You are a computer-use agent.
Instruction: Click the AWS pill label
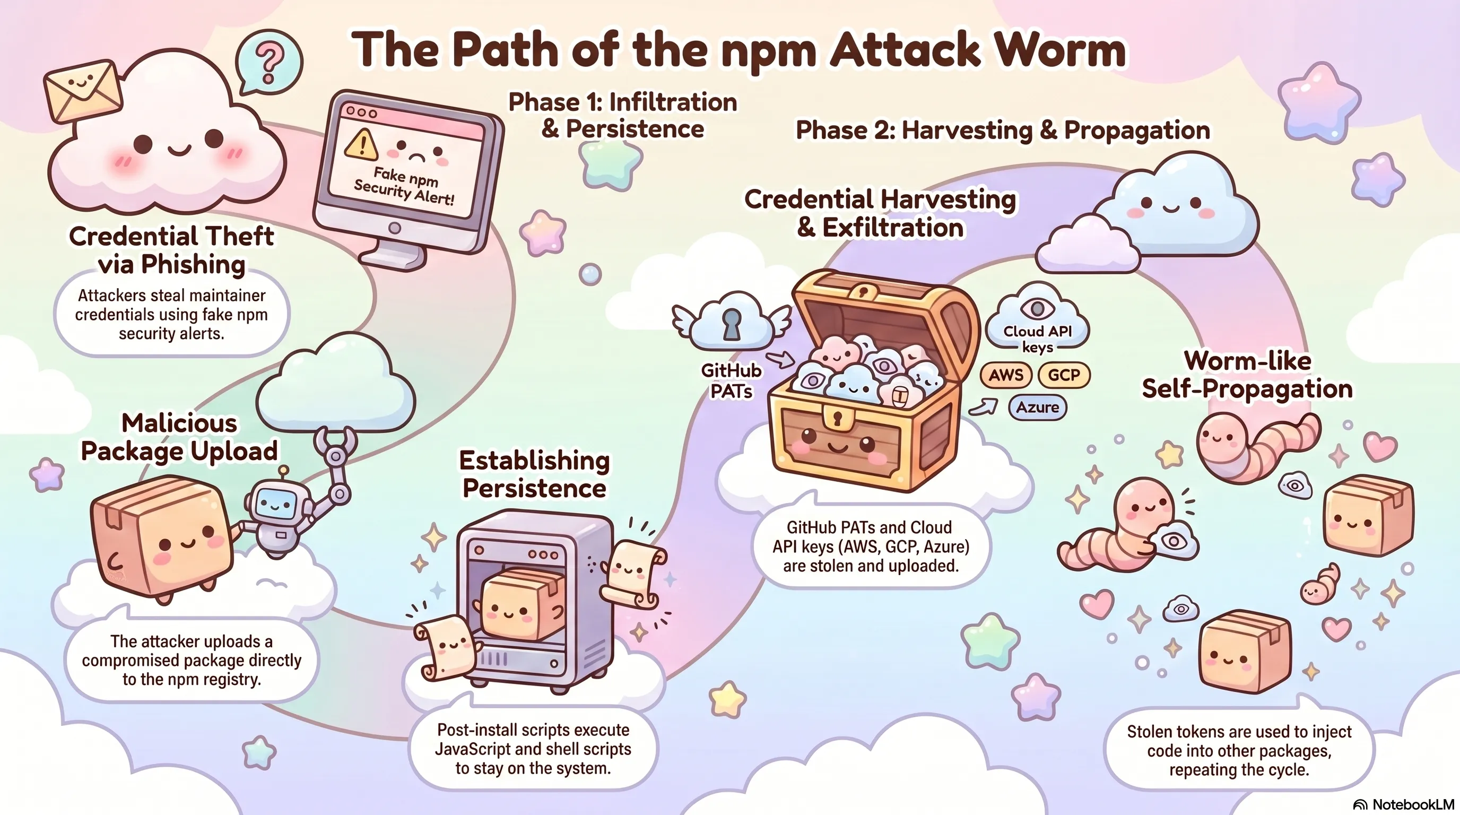coord(1006,375)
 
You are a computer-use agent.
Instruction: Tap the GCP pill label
coord(1064,375)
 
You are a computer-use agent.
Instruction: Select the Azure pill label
coord(1037,407)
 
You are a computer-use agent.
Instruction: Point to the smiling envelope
coord(83,91)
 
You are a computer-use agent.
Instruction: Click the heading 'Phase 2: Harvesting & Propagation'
coord(1003,131)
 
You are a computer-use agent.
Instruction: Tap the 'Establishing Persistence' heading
coord(534,474)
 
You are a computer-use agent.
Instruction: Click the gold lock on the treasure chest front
coord(838,419)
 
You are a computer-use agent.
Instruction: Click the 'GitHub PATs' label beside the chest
coord(731,380)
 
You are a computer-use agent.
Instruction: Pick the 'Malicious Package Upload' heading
coord(179,438)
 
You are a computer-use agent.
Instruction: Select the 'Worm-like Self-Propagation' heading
coord(1247,375)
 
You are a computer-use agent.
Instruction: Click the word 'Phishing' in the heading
coord(193,265)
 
